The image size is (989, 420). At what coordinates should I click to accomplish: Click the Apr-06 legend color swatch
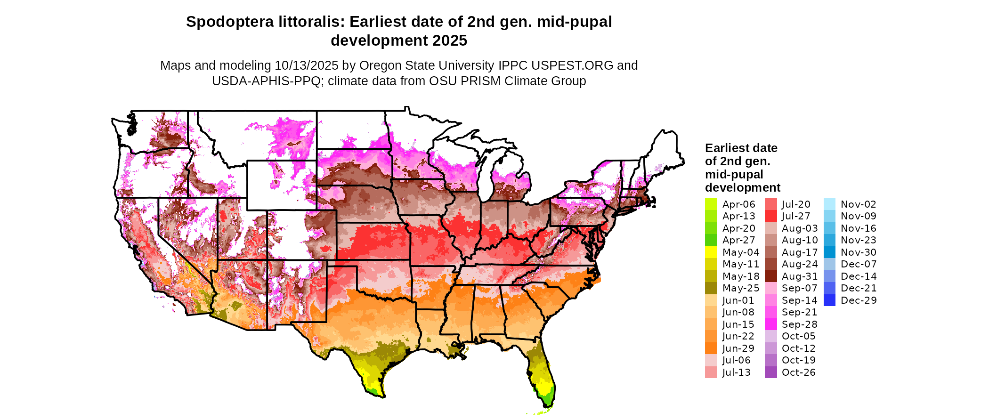coord(711,204)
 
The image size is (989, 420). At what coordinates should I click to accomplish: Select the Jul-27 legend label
coord(796,216)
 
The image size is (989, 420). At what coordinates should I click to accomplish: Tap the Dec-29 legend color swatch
coord(829,300)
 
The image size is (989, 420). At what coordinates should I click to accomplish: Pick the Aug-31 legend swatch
coord(770,276)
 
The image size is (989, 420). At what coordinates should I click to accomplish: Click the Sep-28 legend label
coord(799,324)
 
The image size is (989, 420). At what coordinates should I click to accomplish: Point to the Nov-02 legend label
coord(858,204)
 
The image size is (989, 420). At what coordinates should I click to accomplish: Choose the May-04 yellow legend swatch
coord(711,252)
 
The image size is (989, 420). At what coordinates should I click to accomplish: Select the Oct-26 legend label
coord(798,372)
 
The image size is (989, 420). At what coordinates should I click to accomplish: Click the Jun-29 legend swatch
coord(711,348)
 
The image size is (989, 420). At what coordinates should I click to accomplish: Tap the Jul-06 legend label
coord(736,360)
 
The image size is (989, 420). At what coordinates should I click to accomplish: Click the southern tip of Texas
coord(382,397)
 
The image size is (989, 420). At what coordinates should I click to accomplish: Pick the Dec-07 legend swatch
coord(829,264)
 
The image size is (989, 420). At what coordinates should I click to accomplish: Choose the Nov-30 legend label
coord(858,252)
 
